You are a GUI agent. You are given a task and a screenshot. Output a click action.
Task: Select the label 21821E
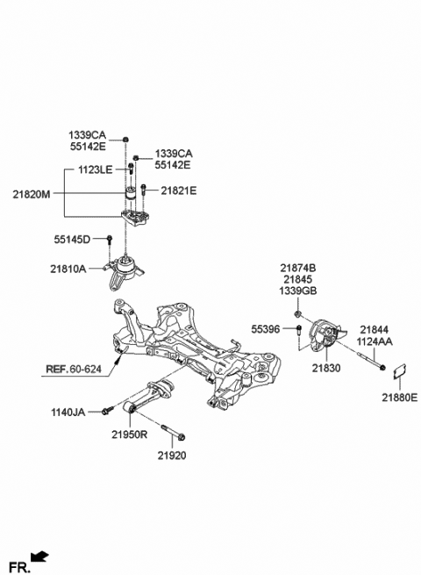coord(179,190)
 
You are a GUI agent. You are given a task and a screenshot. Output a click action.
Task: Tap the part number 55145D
coord(73,238)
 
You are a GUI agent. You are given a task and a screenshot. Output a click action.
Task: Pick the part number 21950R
coord(129,435)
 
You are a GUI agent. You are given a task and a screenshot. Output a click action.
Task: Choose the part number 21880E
coord(399,396)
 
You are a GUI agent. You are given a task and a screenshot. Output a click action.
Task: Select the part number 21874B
coord(298,268)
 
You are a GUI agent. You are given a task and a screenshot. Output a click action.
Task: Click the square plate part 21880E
coord(399,371)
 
